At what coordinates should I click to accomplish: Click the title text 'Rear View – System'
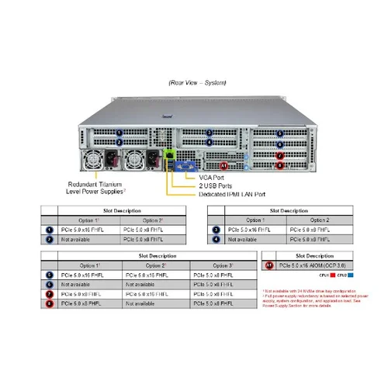click(194, 81)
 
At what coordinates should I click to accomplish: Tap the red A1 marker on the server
click(225, 165)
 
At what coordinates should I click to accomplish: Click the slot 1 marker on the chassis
click(119, 133)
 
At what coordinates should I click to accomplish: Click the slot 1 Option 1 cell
click(90, 230)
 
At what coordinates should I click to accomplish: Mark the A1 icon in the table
click(270, 265)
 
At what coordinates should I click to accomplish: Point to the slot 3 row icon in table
click(217, 230)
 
